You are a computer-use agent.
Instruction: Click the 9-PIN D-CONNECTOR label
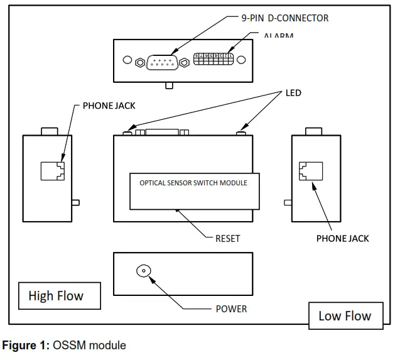285,18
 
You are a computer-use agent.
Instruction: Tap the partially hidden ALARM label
278,35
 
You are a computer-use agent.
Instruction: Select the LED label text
294,93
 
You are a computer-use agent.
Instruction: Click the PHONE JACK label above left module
109,106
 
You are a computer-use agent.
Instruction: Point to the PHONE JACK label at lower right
342,238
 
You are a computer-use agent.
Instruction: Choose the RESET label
227,239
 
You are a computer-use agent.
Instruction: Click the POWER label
231,308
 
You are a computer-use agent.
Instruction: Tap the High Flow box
56,295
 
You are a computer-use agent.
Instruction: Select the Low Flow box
345,315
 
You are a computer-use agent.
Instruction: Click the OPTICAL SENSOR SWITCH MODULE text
193,183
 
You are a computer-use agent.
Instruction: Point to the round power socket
144,271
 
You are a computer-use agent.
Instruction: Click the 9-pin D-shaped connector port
162,62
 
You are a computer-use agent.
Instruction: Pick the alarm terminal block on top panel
214,59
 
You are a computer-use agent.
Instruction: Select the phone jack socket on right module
310,170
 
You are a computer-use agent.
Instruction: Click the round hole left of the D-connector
127,62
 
